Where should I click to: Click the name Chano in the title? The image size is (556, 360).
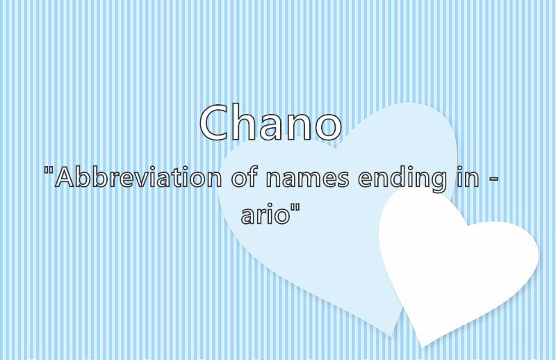[x=271, y=122]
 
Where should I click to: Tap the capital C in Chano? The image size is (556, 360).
[x=215, y=122]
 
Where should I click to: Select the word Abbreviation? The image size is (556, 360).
[x=138, y=177]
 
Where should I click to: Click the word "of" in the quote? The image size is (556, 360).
[x=244, y=177]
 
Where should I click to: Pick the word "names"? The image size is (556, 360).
[x=307, y=179]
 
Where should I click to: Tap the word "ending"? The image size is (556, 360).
[x=402, y=179]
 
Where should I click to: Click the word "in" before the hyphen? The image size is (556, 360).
[x=467, y=177]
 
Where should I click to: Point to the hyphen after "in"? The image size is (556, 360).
[x=493, y=180]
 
